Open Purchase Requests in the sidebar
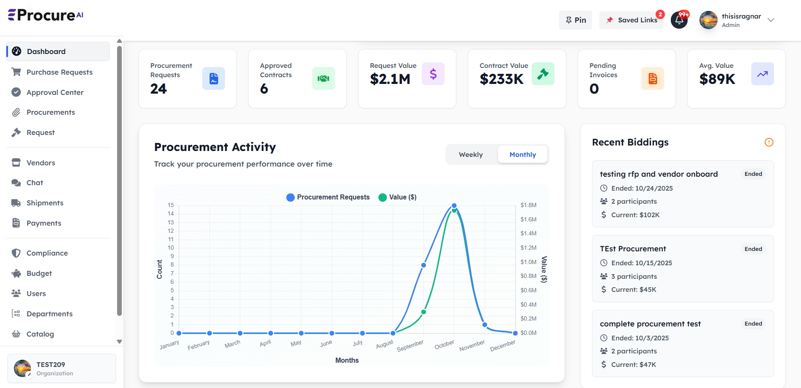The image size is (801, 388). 59,72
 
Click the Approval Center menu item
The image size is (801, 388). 55,92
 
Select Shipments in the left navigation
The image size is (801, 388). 45,203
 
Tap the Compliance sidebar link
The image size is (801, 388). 47,253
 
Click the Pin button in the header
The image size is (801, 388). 576,20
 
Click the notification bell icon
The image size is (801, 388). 679,20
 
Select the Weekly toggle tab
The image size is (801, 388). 471,155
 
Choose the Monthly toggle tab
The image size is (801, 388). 522,155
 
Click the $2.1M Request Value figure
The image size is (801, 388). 390,79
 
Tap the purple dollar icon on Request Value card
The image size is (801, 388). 433,74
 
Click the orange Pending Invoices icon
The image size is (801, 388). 652,78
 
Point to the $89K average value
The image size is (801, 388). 717,79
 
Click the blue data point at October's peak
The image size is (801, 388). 454,206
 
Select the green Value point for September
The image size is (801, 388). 423,312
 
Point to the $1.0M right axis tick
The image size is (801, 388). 528,262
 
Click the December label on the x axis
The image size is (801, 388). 503,346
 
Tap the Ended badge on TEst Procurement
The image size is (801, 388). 753,249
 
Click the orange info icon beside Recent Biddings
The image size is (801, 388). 769,142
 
